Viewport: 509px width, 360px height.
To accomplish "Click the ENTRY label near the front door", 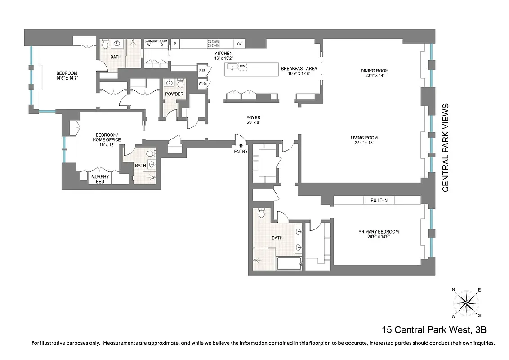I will tap(241, 152).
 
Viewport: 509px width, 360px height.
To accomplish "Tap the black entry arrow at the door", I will tap(241, 145).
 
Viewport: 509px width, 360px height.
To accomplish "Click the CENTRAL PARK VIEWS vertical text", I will tap(446, 148).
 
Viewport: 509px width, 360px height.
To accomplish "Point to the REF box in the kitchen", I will tap(202, 71).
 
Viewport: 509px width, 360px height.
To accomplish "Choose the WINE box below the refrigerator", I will tap(202, 83).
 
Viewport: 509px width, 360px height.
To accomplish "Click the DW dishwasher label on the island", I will tap(242, 67).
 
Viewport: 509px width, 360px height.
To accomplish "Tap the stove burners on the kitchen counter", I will tap(213, 44).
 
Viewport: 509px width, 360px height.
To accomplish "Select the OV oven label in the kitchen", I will tap(240, 44).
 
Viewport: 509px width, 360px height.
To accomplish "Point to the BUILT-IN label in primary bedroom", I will tap(379, 200).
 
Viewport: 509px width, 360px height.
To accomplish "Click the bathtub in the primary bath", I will tap(290, 263).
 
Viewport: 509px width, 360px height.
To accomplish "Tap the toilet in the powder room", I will tap(180, 83).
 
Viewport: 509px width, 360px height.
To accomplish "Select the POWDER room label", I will tap(174, 94).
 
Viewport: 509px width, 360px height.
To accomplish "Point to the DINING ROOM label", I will tap(375, 71).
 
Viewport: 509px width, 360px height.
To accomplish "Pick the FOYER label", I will tap(253, 118).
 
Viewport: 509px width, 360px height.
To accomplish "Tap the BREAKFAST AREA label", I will tap(299, 68).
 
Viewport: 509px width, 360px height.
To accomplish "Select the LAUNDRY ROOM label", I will tap(156, 41).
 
